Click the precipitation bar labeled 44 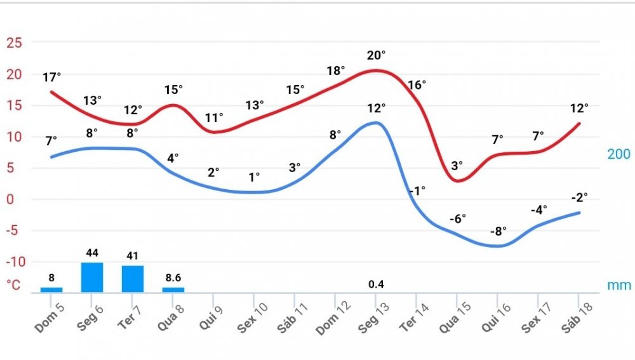(x=92, y=277)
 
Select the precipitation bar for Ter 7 (x=133, y=279)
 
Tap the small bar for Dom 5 (x=51, y=290)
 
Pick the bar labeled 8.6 (x=173, y=290)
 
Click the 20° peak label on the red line (x=376, y=56)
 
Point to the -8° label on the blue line (x=498, y=231)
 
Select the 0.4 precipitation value (x=376, y=284)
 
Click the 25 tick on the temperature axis (x=14, y=43)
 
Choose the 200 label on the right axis (x=618, y=154)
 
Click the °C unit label (x=13, y=284)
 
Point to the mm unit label (x=619, y=286)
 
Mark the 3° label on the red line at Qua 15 (x=457, y=166)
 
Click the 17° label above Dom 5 (x=52, y=77)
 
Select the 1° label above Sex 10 (x=254, y=177)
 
